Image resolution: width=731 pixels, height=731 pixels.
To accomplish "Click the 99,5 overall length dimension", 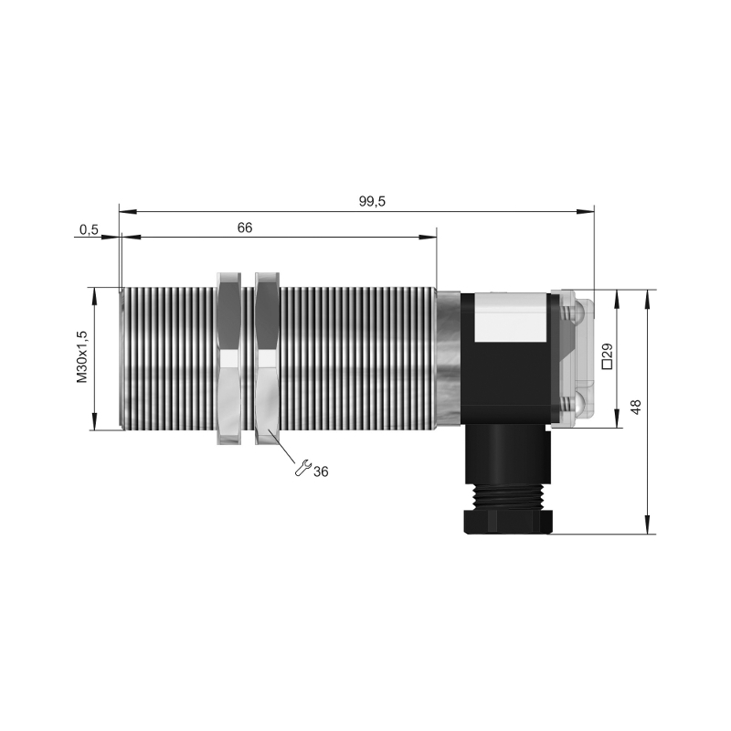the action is coord(372,201).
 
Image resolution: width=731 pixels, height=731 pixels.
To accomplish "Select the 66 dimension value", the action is coord(244,228).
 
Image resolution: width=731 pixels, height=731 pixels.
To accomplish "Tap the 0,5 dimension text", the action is coord(89,229).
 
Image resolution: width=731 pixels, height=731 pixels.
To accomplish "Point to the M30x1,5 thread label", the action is coord(82,356).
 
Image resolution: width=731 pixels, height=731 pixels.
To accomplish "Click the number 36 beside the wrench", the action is coord(321,471).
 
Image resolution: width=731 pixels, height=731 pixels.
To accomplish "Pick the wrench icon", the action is coord(302,468).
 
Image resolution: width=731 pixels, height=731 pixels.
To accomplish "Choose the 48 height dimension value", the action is coord(635,407).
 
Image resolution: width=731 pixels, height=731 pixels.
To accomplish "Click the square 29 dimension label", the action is coord(607,356).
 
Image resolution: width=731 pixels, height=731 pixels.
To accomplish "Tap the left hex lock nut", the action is coord(229,358).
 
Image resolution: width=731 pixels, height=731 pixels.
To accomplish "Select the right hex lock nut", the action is coord(267,358).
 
